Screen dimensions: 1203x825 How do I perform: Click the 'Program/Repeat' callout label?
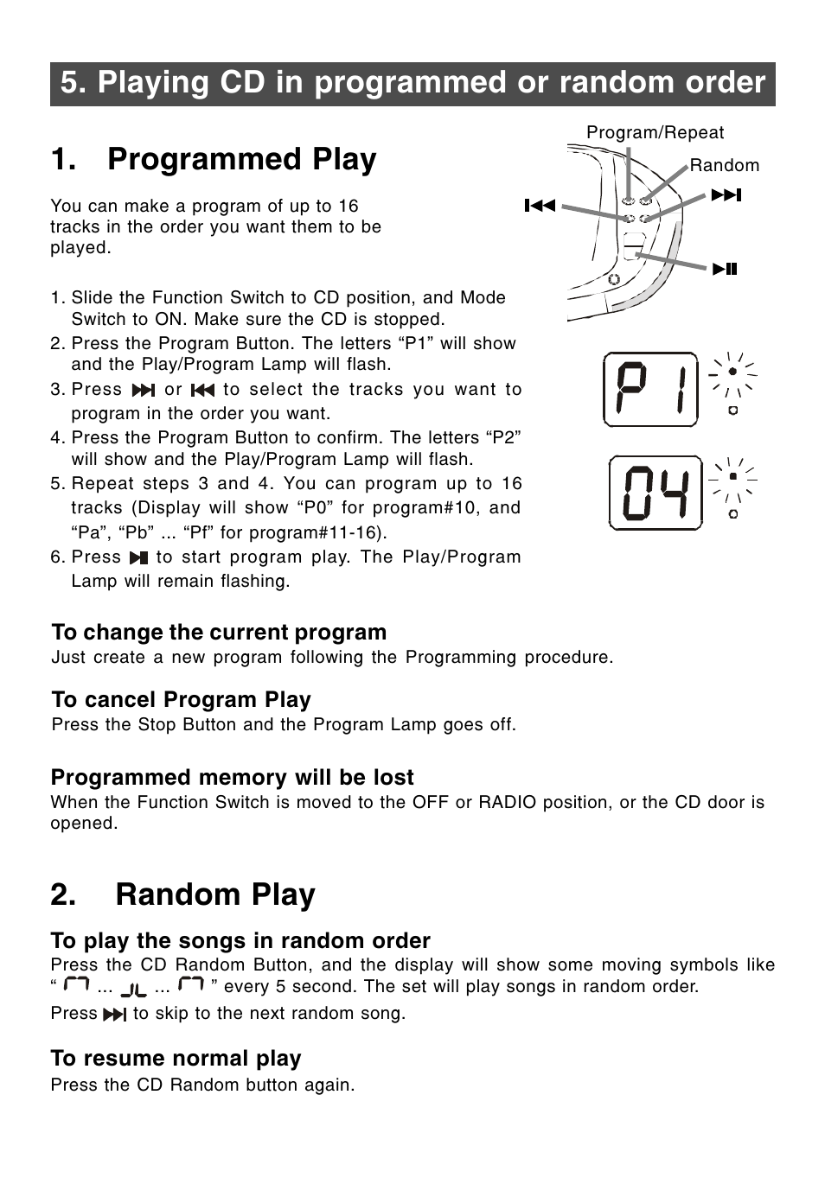point(655,132)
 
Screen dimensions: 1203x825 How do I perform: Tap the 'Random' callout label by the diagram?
point(724,165)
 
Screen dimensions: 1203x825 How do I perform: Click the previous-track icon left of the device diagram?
point(540,206)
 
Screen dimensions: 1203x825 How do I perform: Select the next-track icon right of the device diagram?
point(726,195)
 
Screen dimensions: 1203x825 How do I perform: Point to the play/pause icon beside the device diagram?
point(725,269)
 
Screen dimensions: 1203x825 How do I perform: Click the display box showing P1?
point(650,390)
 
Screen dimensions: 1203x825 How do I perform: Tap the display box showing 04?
point(656,493)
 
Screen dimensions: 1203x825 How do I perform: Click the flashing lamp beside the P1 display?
point(732,372)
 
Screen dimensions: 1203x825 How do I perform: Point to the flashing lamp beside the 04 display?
point(732,476)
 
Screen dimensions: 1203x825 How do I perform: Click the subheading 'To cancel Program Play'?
point(181,699)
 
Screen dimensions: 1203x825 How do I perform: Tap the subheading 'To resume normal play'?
point(176,1058)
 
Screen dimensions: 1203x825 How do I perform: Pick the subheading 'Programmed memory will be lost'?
point(232,777)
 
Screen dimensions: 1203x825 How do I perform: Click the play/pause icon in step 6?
point(138,558)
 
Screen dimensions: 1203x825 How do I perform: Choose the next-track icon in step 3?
point(143,391)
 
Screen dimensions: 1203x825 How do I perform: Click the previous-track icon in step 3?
point(201,391)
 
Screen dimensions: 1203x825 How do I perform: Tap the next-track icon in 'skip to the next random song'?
point(114,1015)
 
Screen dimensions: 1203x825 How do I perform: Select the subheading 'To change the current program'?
point(219,632)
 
